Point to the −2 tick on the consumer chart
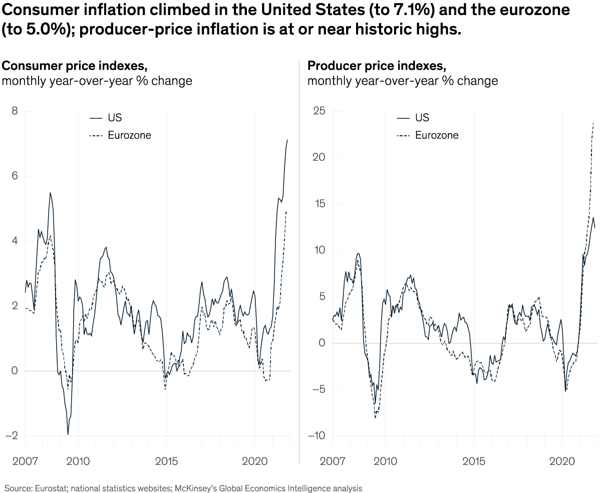[12, 436]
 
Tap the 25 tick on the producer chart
[319, 111]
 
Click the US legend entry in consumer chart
[115, 118]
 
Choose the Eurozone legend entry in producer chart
[436, 135]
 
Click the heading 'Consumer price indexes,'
[75, 66]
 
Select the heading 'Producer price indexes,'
[376, 66]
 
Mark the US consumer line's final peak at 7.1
[287, 140]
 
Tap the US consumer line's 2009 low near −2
[68, 434]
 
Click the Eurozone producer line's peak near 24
[594, 122]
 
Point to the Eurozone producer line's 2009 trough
[375, 418]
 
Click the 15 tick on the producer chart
[320, 204]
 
